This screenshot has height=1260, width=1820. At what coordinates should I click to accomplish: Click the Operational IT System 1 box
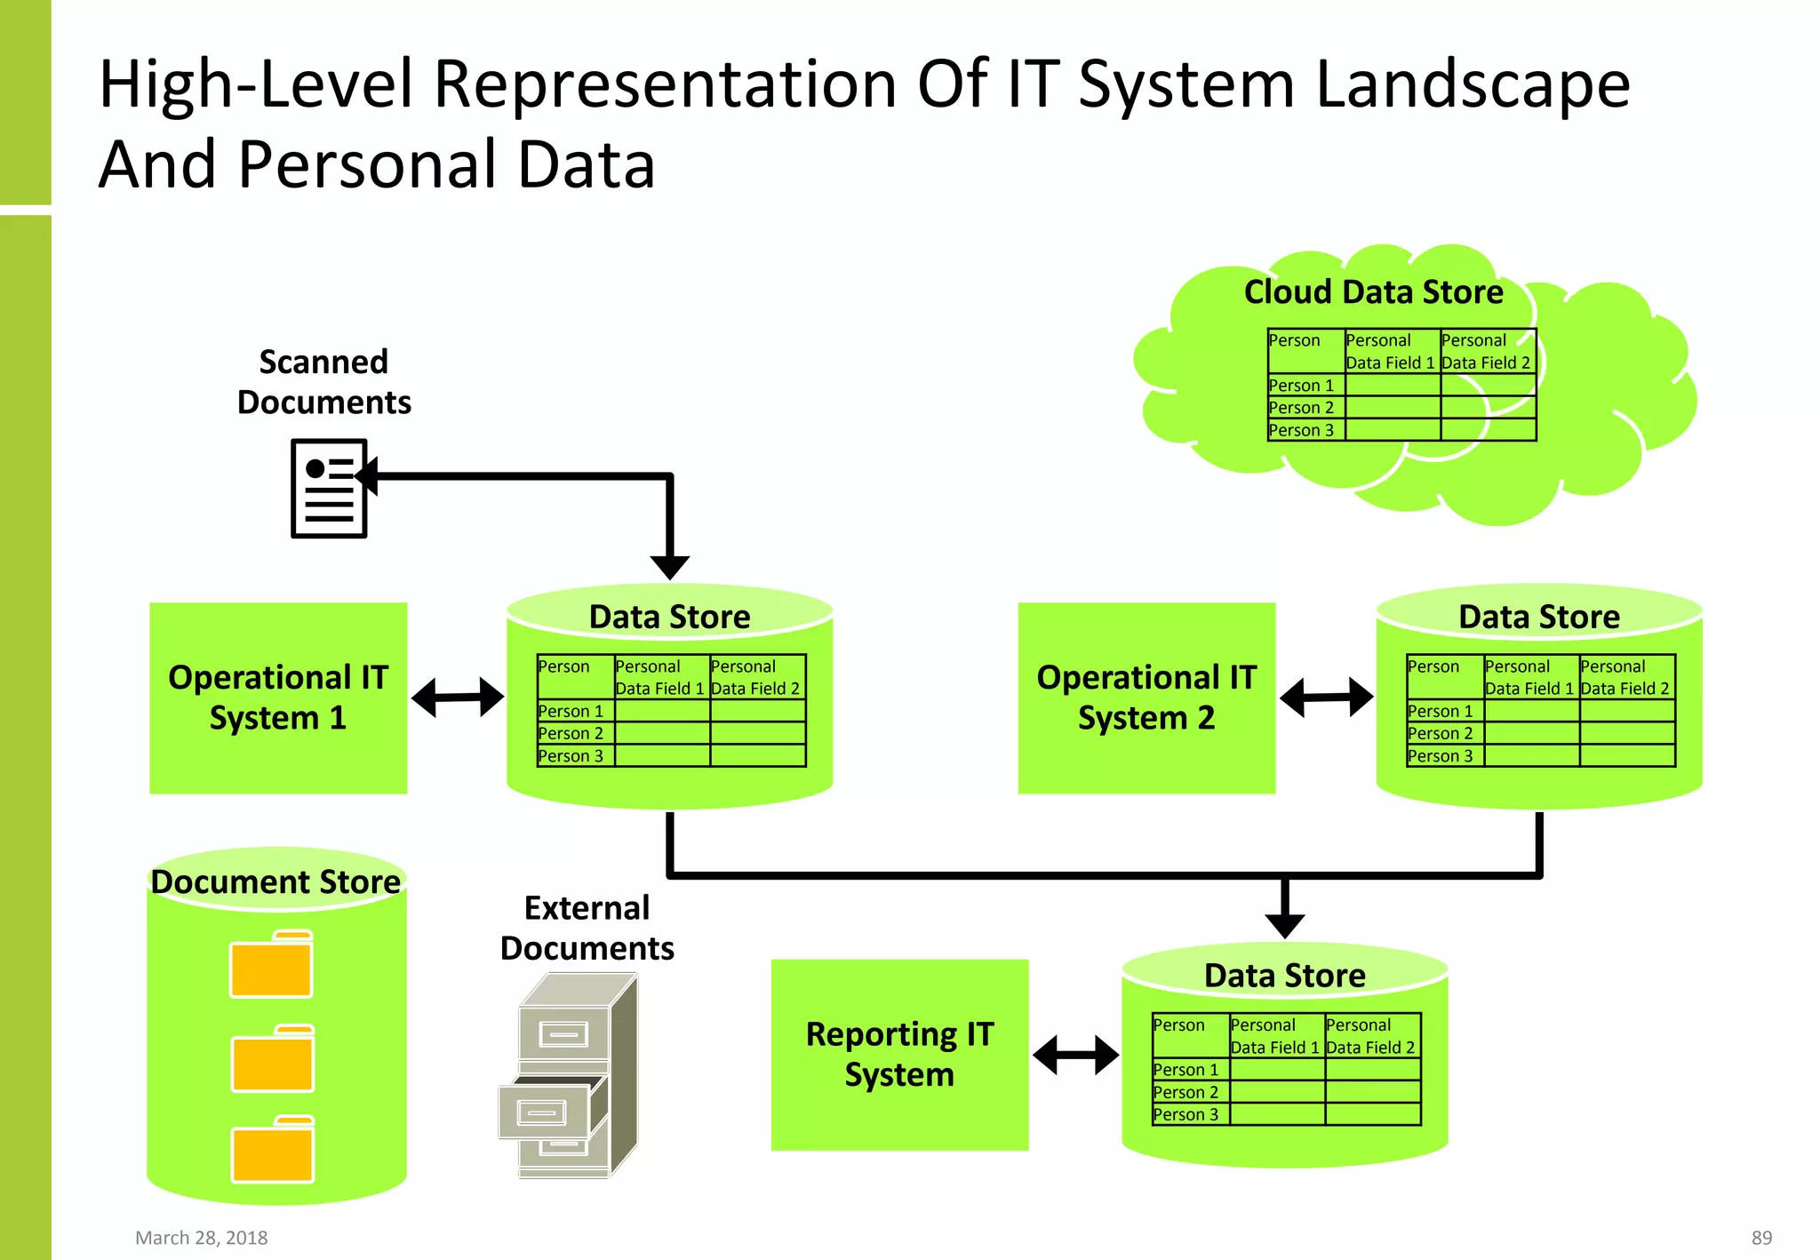[278, 698]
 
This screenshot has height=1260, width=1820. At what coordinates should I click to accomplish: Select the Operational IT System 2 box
[1146, 698]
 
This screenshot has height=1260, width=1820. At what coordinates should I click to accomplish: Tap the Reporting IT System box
[899, 1055]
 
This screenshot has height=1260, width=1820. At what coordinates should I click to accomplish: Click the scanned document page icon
[328, 488]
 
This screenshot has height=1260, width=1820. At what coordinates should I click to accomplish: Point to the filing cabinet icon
[569, 1075]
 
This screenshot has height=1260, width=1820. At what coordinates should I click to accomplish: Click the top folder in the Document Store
[271, 966]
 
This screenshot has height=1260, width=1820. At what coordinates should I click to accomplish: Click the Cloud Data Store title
[1373, 292]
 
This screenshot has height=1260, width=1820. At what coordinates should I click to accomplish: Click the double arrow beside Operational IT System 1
[458, 698]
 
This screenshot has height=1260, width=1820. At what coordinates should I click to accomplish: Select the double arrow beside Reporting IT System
[1075, 1055]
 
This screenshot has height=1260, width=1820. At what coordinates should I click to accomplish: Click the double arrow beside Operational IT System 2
[1326, 698]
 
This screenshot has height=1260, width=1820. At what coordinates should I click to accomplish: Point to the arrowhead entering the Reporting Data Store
[1285, 924]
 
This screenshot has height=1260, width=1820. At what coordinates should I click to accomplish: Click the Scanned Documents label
[324, 382]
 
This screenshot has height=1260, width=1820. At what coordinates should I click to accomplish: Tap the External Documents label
[587, 928]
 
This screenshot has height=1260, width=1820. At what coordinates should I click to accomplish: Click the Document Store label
[275, 881]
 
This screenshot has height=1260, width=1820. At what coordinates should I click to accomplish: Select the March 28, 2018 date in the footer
[202, 1238]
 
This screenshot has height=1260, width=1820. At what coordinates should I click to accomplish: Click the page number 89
[1761, 1238]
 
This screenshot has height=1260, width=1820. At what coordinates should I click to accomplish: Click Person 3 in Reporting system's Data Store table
[1186, 1114]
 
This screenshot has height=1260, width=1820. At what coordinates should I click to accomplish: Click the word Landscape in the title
[1473, 84]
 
